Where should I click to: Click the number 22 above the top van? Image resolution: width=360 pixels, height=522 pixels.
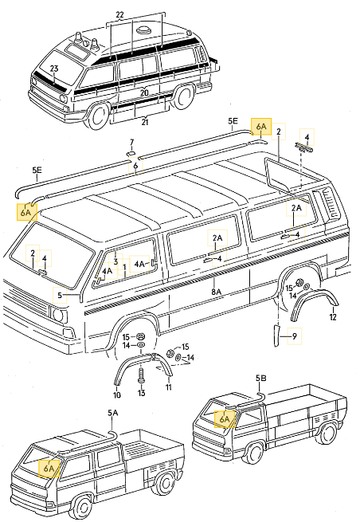120,15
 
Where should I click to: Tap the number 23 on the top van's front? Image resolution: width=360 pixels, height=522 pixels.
54,69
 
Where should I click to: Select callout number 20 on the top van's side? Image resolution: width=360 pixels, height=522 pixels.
144,92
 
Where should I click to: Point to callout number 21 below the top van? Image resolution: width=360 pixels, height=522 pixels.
144,122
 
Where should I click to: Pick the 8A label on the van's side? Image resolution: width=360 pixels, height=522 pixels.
216,292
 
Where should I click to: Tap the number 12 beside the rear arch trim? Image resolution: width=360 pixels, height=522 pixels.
333,317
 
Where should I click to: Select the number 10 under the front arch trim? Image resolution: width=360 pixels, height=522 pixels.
116,394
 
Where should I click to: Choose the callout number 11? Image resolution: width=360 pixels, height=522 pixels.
169,388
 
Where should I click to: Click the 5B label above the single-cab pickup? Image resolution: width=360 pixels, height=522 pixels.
260,377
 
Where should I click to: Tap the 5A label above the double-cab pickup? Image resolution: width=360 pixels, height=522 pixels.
112,413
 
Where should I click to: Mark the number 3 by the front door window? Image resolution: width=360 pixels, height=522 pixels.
115,261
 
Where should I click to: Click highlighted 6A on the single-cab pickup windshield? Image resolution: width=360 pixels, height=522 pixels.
225,418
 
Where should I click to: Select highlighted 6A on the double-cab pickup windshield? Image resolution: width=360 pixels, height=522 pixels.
49,469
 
